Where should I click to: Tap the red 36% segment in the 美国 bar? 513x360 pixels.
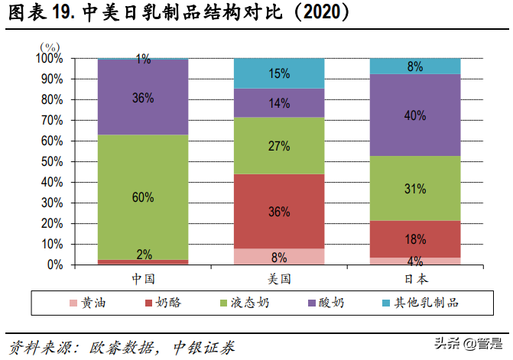click(279, 211)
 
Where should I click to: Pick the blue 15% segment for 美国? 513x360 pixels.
click(279, 73)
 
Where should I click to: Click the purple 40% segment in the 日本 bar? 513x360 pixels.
click(415, 115)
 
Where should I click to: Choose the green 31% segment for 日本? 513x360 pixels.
click(415, 188)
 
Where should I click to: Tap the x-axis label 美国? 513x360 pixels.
click(279, 278)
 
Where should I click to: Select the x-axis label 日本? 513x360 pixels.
click(415, 278)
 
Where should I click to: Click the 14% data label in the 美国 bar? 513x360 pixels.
click(279, 102)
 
